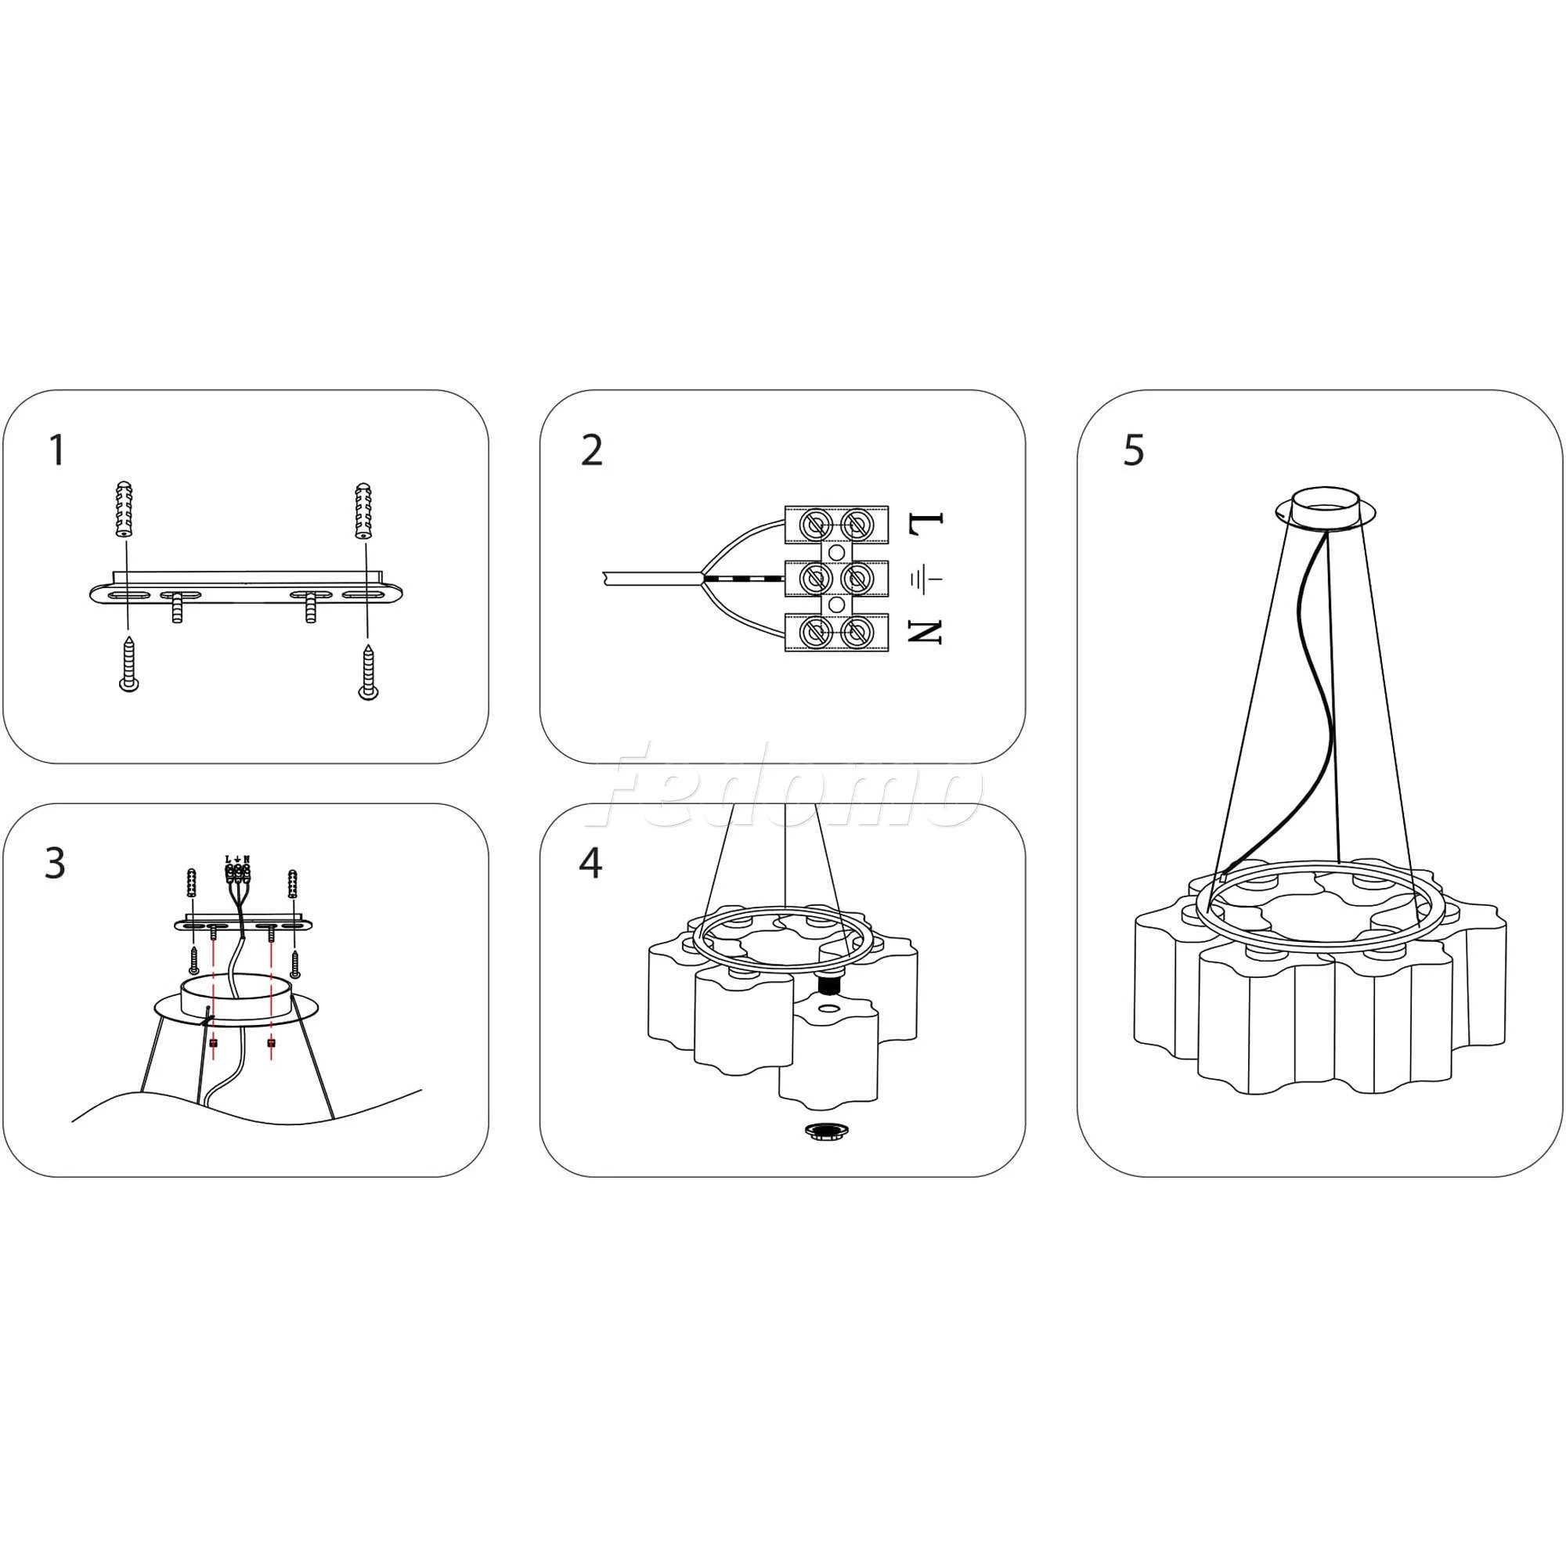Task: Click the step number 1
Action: coord(56,451)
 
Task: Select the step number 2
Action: coord(592,451)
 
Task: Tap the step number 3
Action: coord(55,864)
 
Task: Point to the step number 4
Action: coord(591,864)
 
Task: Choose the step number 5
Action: coord(1133,451)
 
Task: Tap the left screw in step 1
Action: coord(128,663)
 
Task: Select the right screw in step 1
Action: coord(368,670)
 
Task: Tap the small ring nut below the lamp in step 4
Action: coord(824,1130)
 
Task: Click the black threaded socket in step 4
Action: coord(828,985)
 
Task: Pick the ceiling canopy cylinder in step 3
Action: coord(236,996)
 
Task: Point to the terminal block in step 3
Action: coord(236,872)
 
